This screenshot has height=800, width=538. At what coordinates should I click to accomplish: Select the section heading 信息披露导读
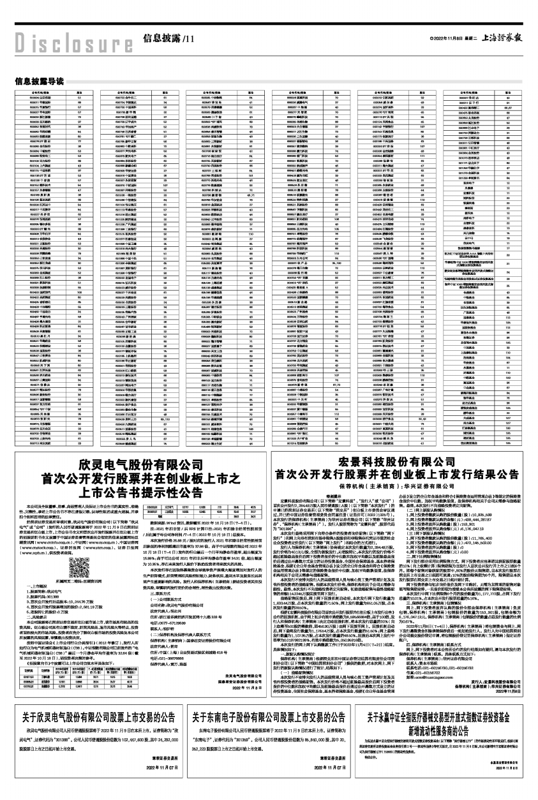click(38, 81)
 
